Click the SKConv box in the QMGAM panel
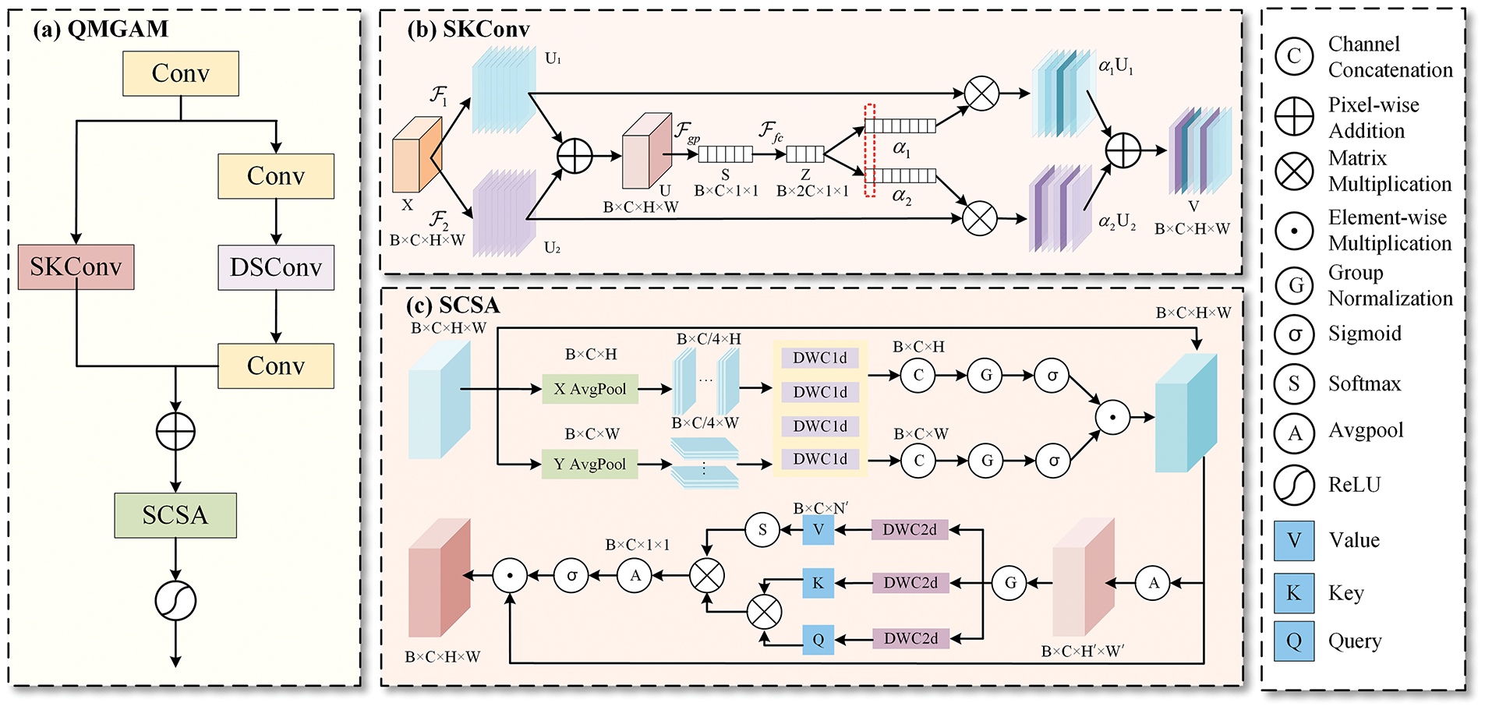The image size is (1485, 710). pyautogui.click(x=76, y=267)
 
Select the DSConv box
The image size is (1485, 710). pyautogui.click(x=276, y=267)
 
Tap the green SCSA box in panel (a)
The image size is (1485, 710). pyautogui.click(x=175, y=515)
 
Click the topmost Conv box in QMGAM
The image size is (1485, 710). pyautogui.click(x=181, y=73)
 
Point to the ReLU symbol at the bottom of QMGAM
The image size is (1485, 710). pyautogui.click(x=175, y=601)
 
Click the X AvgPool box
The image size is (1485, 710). pyautogui.click(x=590, y=389)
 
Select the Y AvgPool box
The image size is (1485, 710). pyautogui.click(x=590, y=464)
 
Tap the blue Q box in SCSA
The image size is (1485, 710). pyautogui.click(x=819, y=640)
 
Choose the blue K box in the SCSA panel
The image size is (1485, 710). pyautogui.click(x=819, y=583)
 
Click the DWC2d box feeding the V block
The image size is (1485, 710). pyautogui.click(x=910, y=530)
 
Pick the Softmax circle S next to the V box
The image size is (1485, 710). pyautogui.click(x=762, y=530)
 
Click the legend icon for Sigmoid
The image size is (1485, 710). pyautogui.click(x=1295, y=334)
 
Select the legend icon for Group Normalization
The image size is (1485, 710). pyautogui.click(x=1295, y=285)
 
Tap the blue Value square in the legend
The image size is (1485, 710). pyautogui.click(x=1294, y=541)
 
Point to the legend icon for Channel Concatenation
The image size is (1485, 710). pyautogui.click(x=1295, y=56)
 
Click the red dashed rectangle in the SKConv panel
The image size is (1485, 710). pyautogui.click(x=870, y=150)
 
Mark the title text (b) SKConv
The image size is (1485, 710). pyautogui.click(x=468, y=30)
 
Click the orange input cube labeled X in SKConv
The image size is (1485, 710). pyautogui.click(x=417, y=154)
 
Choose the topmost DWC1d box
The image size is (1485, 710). pyautogui.click(x=820, y=358)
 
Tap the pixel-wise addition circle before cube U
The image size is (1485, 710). pyautogui.click(x=575, y=155)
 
